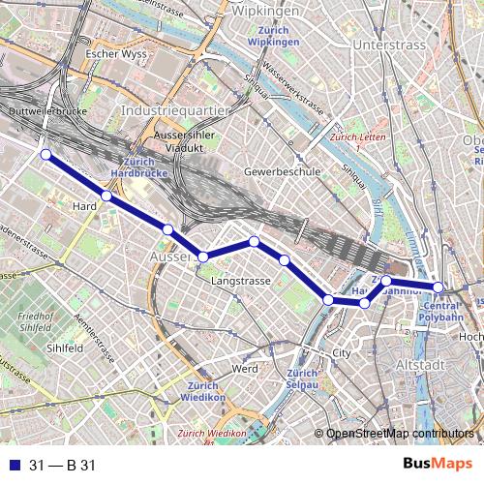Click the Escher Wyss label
115,54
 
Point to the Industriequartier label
175,111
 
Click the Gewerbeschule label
282,170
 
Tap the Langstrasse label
240,281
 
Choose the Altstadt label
421,364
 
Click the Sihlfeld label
63,347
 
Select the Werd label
244,369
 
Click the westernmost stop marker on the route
45,154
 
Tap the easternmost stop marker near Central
438,287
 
